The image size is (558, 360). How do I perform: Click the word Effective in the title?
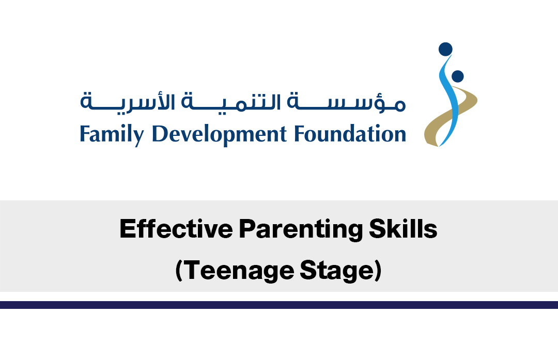(176, 229)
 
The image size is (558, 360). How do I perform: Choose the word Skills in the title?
(403, 229)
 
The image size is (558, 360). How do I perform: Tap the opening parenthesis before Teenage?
(179, 272)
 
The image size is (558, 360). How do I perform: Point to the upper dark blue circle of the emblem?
(445, 50)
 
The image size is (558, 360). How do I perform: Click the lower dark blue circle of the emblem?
(457, 76)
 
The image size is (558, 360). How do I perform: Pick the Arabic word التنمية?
(231, 103)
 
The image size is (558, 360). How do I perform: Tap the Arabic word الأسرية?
(128, 103)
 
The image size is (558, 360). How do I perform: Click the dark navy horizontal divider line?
(279, 305)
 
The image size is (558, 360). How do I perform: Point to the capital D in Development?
(160, 134)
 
